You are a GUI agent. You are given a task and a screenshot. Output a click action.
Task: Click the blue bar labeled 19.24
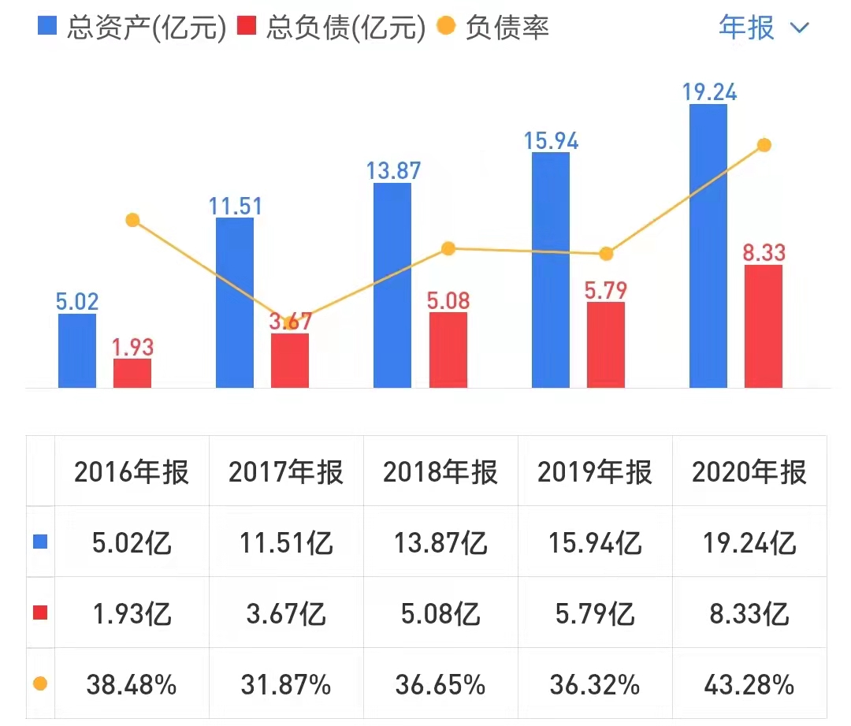[x=708, y=245]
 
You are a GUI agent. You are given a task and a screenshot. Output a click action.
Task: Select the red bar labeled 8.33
[x=763, y=326]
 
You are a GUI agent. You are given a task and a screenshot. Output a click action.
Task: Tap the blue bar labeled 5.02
[x=77, y=350]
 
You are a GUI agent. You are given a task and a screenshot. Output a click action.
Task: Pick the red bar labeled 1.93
[x=132, y=373]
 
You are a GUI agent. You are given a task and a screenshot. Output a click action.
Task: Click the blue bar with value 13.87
[x=392, y=285]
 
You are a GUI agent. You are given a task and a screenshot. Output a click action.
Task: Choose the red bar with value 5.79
[x=605, y=344]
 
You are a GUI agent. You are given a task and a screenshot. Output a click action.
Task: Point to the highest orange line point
[x=763, y=145]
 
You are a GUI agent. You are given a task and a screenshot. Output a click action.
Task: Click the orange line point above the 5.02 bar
[x=132, y=220]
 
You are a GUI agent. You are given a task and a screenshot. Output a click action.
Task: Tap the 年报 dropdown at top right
[x=763, y=28]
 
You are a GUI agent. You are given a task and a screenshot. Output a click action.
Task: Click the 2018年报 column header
[x=440, y=472]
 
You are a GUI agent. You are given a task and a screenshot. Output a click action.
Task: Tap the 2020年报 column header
[x=749, y=472]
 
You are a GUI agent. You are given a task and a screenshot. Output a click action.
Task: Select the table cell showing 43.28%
[x=749, y=684]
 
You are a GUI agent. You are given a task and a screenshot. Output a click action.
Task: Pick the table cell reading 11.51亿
[x=286, y=542]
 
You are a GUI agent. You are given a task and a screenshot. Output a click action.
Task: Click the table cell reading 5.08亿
[x=440, y=612]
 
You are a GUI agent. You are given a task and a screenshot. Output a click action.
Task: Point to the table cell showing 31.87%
[x=286, y=684]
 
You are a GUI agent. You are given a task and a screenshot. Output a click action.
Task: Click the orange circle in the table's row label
[x=40, y=683]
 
